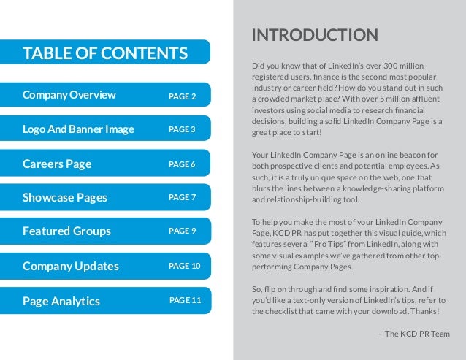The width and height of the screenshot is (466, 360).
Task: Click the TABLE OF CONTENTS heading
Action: (x=105, y=53)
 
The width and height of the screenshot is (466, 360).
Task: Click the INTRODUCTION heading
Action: (x=314, y=35)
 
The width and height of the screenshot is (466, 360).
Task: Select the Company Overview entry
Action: (x=69, y=95)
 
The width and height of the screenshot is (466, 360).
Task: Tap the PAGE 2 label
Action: (x=183, y=96)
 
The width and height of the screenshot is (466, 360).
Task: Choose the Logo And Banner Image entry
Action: (x=78, y=130)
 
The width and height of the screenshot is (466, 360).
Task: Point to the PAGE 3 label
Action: (x=182, y=129)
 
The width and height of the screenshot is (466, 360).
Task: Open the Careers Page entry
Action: (x=57, y=164)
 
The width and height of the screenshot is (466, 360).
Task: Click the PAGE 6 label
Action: (x=182, y=164)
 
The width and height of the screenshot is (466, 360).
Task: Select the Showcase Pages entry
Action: (x=65, y=198)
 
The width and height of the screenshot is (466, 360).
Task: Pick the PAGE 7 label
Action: (x=182, y=197)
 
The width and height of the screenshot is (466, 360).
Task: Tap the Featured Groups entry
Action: (x=66, y=231)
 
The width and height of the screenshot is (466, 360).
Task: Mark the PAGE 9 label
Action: (x=182, y=231)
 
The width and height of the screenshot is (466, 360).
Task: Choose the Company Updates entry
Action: (x=70, y=266)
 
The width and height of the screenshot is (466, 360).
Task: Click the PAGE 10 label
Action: (x=184, y=266)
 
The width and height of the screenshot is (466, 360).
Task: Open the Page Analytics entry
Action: (x=61, y=300)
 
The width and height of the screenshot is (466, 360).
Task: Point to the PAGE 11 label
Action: (x=184, y=299)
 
